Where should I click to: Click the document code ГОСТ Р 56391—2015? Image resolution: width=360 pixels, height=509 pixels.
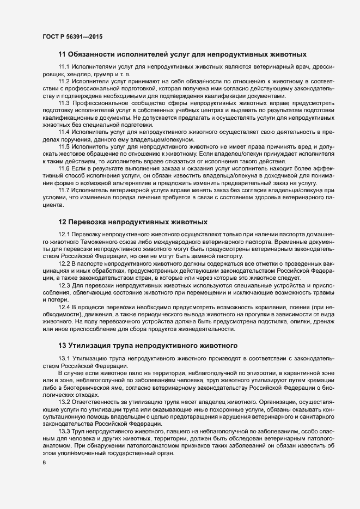point(72,36)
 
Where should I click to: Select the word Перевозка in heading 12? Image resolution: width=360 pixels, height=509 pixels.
point(89,223)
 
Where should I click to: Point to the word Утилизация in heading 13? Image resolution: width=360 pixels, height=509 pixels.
point(91,345)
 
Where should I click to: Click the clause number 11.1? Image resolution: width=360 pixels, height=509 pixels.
point(64,66)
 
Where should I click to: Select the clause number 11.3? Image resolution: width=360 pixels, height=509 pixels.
point(64,102)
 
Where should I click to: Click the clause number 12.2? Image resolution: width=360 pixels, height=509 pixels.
point(64,263)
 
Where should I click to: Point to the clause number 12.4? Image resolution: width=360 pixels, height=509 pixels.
point(64,306)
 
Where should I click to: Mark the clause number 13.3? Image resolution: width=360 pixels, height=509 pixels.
point(64,431)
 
